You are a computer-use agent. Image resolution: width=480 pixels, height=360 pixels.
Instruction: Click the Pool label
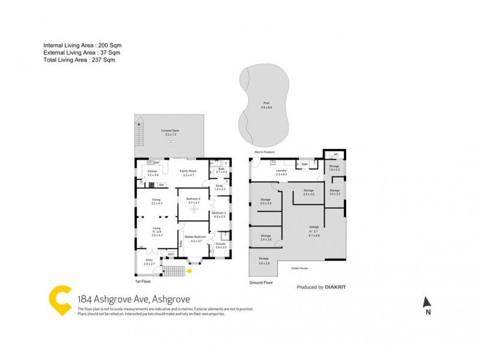pyautogui.click(x=266, y=103)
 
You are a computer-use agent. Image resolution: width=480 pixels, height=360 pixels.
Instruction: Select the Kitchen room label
pyautogui.click(x=152, y=171)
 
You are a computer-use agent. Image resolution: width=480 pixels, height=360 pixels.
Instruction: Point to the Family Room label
pyautogui.click(x=188, y=171)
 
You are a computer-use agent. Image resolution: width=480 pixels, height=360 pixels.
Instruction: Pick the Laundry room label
pyautogui.click(x=281, y=170)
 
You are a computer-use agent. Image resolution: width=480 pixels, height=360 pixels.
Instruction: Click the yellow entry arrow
pyautogui.click(x=190, y=271)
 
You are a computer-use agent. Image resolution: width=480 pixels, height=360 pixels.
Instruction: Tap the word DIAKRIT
pyautogui.click(x=335, y=287)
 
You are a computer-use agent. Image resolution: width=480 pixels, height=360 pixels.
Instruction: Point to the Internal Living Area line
pyautogui.click(x=82, y=46)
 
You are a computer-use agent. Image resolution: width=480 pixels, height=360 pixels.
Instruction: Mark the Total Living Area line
pyautogui.click(x=79, y=60)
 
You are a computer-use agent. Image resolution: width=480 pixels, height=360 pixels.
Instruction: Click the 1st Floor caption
pyautogui.click(x=143, y=281)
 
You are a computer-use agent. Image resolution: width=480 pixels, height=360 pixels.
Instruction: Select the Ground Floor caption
pyautogui.click(x=261, y=282)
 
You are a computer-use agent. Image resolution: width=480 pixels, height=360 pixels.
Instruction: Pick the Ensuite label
pyautogui.click(x=220, y=244)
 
